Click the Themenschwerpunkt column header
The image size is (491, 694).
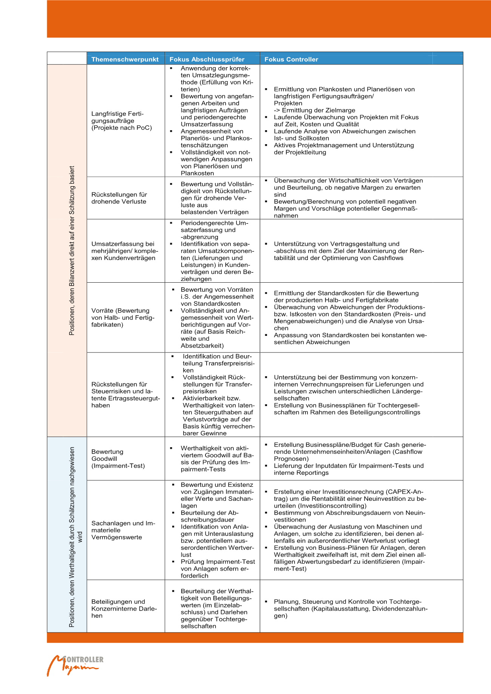coord(125,59)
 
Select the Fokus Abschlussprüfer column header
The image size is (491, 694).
coord(207,59)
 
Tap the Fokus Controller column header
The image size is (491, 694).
coord(291,59)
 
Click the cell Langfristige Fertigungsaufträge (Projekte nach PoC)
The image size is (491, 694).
coord(122,121)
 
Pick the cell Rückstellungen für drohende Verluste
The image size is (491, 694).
coord(119,198)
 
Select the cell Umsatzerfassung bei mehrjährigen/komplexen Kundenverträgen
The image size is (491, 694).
coord(125,251)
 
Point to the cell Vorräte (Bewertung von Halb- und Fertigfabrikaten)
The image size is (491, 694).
coord(123,317)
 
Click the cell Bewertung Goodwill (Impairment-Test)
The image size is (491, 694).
coord(118,459)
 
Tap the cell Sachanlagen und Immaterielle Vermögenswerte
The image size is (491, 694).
coord(123,530)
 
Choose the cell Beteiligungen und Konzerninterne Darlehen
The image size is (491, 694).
coord(124,608)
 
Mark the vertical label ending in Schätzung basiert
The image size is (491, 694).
coord(72,251)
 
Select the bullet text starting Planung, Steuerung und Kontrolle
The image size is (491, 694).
coord(350,608)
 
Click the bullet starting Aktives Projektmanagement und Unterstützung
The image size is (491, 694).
coord(344,149)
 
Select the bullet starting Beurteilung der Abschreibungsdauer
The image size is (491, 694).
coord(210,516)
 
